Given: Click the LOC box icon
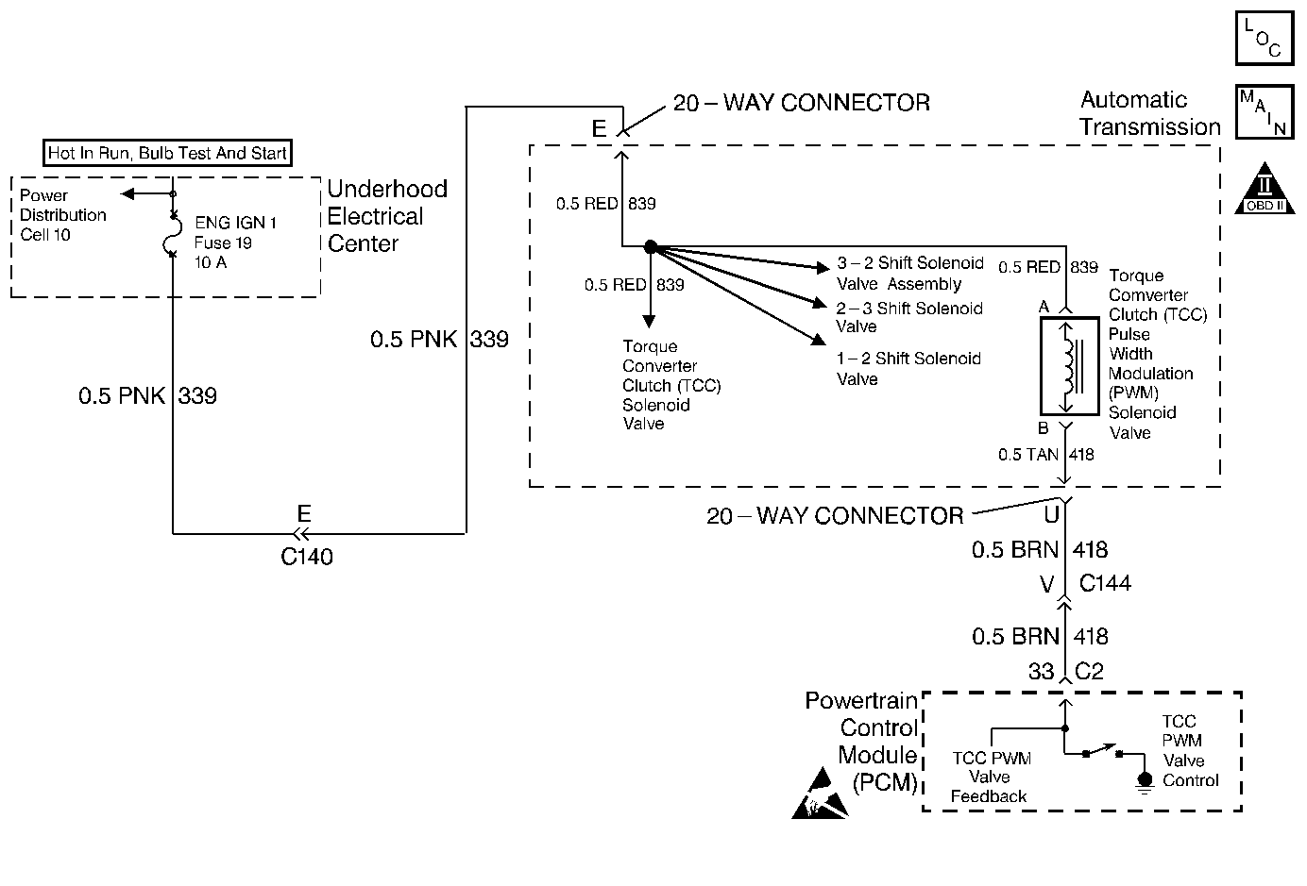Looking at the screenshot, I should point(1264,39).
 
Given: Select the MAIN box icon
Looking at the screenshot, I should point(1264,112).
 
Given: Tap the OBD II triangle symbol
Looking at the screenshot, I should point(1265,189).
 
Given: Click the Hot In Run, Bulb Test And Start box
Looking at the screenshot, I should point(168,153).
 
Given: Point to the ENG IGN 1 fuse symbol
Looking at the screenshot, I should point(172,233).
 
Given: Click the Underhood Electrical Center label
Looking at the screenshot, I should point(386,216).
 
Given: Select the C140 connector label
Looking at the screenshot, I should point(307,557).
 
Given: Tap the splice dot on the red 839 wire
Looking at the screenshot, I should point(650,247).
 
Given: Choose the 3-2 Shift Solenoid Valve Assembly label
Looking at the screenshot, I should point(910,274).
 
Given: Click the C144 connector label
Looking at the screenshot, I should point(1104,583).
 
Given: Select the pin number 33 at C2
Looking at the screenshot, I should point(1041,672).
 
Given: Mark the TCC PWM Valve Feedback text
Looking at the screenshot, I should point(990,777).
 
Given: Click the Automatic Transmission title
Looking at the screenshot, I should point(1149,113).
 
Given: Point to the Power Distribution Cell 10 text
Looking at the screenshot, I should point(63,215).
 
